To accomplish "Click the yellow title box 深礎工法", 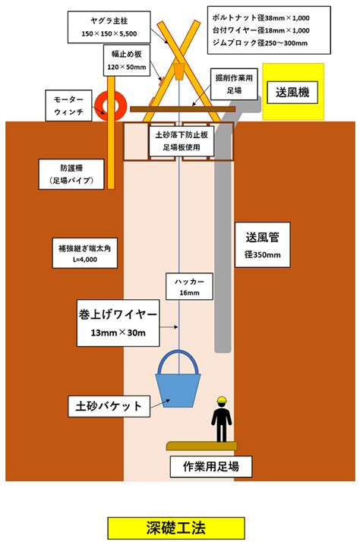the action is click(x=176, y=528).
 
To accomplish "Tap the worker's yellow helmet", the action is click(x=222, y=400).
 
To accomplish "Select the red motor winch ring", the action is click(x=111, y=106).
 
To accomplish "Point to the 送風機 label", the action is click(x=292, y=93).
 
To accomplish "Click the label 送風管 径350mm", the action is click(x=263, y=244).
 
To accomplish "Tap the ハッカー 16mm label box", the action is click(x=189, y=286).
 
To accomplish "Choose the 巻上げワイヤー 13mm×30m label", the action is click(x=118, y=323).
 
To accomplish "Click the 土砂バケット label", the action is click(x=109, y=406).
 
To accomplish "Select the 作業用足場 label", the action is click(x=211, y=467).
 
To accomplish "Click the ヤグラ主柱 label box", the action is click(x=109, y=27).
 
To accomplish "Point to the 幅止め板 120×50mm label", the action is click(x=127, y=60).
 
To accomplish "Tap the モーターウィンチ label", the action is click(x=69, y=106).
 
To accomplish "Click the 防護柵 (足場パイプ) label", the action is click(x=71, y=175).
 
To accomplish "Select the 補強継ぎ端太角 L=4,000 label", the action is click(x=85, y=253).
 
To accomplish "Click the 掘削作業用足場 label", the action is click(x=234, y=84).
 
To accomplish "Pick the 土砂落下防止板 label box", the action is click(x=182, y=140).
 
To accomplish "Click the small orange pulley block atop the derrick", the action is click(x=178, y=71).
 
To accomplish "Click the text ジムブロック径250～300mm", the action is click(x=260, y=43).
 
